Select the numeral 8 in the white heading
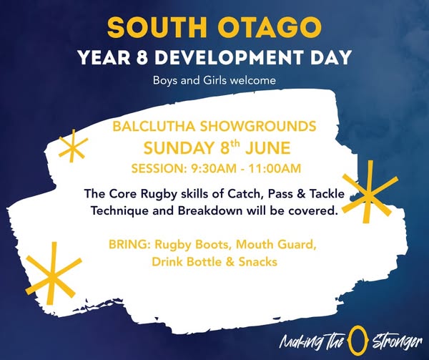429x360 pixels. pyautogui.click(x=142, y=58)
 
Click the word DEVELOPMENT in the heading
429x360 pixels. pyautogui.click(x=231, y=58)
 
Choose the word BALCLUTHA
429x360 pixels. pyautogui.click(x=154, y=127)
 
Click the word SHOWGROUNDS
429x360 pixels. pyautogui.click(x=258, y=127)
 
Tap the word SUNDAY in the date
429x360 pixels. pyautogui.click(x=178, y=148)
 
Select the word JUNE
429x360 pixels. pyautogui.click(x=267, y=148)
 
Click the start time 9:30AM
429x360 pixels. pyautogui.click(x=213, y=168)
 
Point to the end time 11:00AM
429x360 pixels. pyautogui.click(x=275, y=168)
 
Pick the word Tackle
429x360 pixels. pyautogui.click(x=327, y=194)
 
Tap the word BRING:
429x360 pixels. pyautogui.click(x=129, y=244)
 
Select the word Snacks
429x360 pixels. pyautogui.click(x=258, y=262)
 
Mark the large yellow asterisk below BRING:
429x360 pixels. pyautogui.click(x=53, y=274)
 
